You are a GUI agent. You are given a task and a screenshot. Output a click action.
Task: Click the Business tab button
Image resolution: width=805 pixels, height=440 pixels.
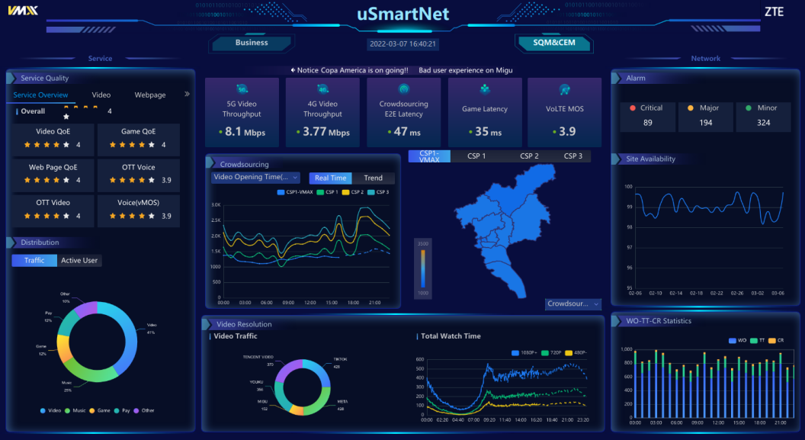(x=252, y=43)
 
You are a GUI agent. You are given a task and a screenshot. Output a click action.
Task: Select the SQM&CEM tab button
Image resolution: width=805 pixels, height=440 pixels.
(x=553, y=43)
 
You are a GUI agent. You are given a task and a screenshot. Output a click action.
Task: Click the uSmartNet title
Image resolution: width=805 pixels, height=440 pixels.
(x=402, y=14)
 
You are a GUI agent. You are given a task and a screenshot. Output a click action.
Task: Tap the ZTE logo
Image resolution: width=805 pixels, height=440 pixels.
(x=774, y=11)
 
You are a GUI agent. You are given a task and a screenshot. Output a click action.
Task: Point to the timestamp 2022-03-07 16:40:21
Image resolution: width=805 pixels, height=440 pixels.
(x=402, y=44)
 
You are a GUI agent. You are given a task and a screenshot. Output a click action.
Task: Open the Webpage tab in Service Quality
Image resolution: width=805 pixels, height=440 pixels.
(x=150, y=95)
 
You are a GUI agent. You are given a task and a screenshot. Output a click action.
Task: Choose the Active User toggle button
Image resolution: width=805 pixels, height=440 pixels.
(x=79, y=261)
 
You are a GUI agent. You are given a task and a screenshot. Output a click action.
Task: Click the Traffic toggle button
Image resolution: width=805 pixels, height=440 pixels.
(x=34, y=261)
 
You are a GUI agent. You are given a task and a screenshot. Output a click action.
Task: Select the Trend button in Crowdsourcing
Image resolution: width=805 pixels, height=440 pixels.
(x=373, y=178)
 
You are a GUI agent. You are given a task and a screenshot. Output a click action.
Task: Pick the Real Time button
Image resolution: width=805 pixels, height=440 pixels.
(x=330, y=178)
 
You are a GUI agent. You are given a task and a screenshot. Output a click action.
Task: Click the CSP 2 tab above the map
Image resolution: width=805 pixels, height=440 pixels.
(x=529, y=156)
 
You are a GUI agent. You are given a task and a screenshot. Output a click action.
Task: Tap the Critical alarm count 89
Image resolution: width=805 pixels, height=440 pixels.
(x=647, y=123)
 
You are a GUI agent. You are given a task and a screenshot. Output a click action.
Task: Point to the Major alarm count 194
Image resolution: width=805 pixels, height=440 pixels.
(x=706, y=123)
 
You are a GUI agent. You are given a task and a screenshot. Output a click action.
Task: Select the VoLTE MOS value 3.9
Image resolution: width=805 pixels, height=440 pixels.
(x=565, y=132)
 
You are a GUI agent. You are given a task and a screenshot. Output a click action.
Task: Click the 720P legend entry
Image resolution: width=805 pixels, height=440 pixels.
(x=554, y=353)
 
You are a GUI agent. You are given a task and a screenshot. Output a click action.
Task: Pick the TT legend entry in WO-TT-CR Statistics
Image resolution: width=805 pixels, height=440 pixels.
(x=759, y=340)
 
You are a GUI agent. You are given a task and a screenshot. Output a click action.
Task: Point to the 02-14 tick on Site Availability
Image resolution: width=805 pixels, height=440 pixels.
(x=675, y=293)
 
